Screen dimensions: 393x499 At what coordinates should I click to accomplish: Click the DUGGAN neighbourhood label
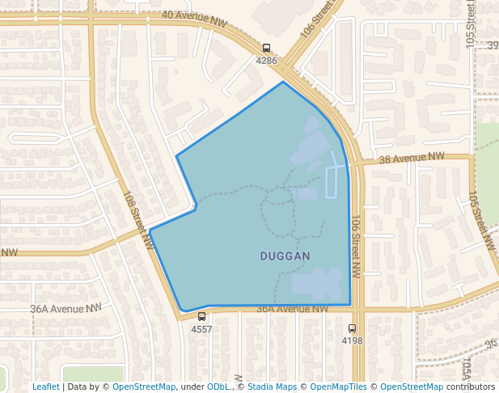(x=285, y=256)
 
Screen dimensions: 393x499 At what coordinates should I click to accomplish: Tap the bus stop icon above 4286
(x=267, y=49)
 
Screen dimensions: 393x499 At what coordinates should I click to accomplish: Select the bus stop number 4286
(x=267, y=61)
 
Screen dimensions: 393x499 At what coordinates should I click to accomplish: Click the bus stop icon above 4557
(x=201, y=317)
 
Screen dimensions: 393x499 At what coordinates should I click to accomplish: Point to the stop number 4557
(x=201, y=329)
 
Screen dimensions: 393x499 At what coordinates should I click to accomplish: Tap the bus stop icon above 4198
(x=352, y=328)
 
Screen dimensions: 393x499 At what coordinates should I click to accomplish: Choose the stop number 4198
(x=352, y=340)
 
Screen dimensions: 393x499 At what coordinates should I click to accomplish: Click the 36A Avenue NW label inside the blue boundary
(x=293, y=309)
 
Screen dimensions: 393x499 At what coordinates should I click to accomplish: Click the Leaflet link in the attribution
(x=45, y=387)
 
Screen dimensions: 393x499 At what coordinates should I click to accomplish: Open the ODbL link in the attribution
(x=218, y=387)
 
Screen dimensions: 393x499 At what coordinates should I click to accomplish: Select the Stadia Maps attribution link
(x=272, y=387)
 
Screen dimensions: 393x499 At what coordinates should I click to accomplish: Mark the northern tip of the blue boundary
(x=283, y=82)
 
